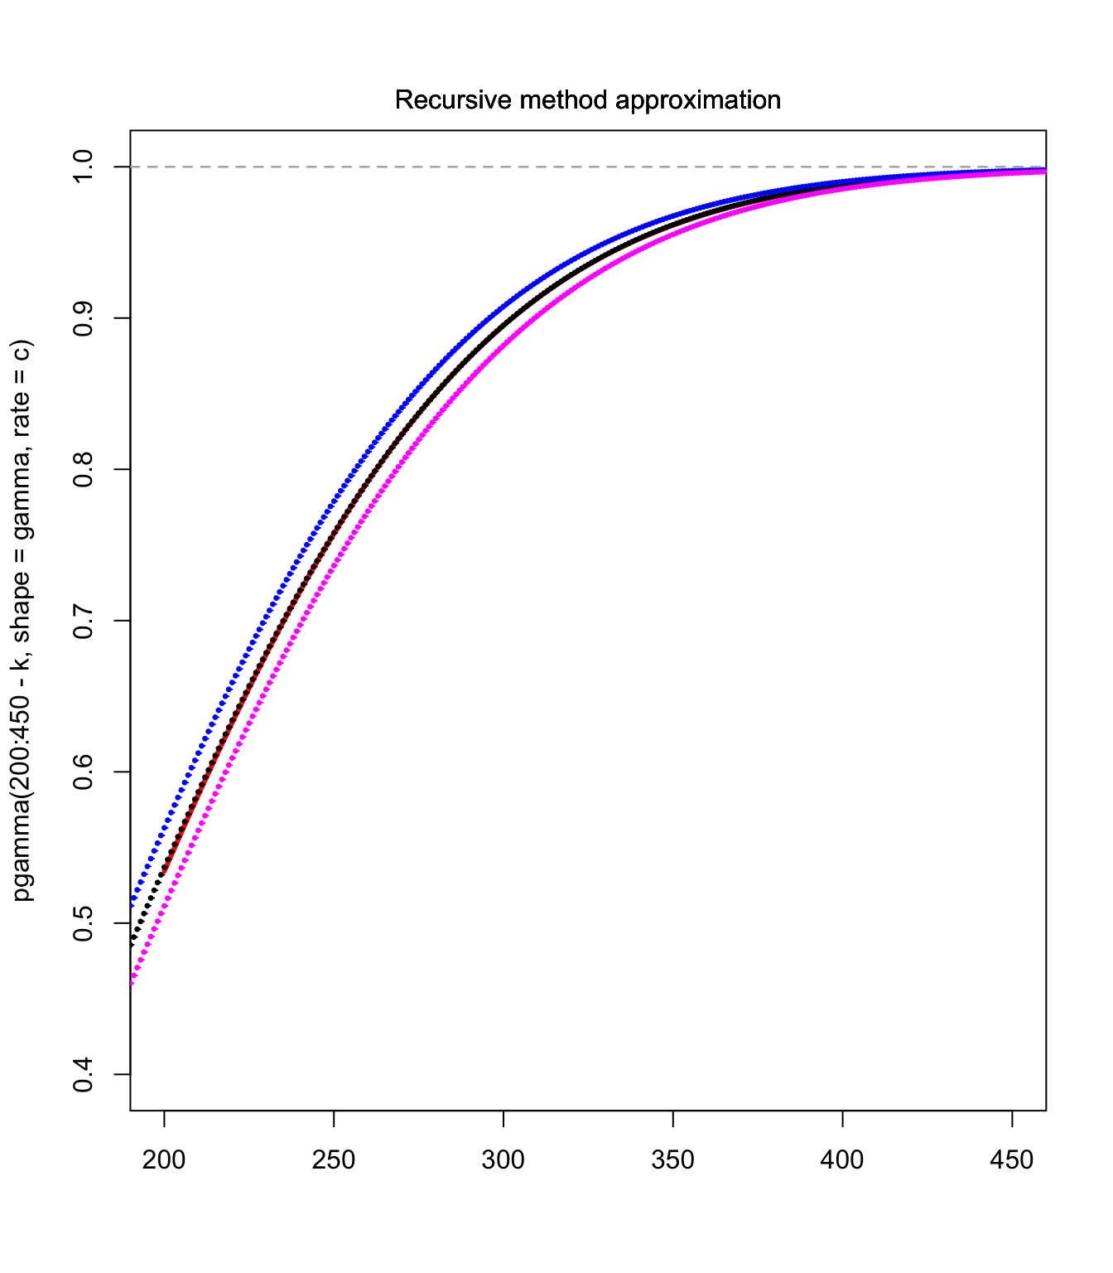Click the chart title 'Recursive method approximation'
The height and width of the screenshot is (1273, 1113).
click(587, 100)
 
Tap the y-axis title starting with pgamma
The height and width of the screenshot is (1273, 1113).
click(22, 620)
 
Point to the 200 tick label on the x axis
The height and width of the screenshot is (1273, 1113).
click(164, 1159)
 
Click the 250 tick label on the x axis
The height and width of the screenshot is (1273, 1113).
click(334, 1159)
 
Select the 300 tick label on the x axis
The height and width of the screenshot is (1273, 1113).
click(503, 1159)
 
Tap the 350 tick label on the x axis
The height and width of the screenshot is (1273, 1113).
click(673, 1159)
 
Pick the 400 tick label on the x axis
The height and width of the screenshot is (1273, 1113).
click(842, 1159)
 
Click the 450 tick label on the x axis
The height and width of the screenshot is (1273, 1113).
click(1012, 1159)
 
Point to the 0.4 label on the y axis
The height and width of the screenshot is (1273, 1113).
click(84, 1074)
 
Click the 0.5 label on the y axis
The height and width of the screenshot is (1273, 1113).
click(84, 923)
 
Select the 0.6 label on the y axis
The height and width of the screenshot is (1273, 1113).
click(84, 772)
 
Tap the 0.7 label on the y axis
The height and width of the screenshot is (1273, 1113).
click(84, 621)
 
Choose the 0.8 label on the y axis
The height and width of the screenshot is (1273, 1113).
click(84, 469)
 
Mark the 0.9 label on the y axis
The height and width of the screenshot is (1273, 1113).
click(84, 318)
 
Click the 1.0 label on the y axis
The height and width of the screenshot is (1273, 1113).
click(84, 167)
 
